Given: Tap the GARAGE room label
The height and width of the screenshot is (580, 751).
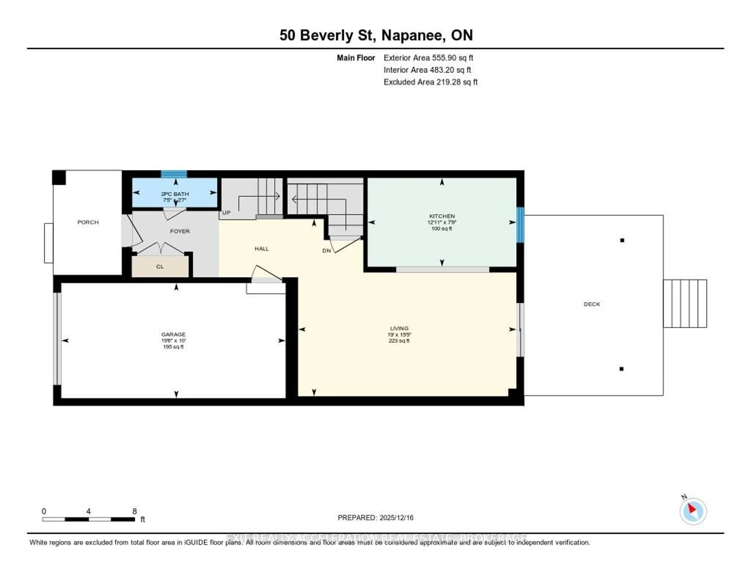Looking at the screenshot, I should pos(173,334).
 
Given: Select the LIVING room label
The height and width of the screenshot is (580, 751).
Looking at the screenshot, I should pos(399,328).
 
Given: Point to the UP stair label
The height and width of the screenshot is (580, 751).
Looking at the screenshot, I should pos(226,213).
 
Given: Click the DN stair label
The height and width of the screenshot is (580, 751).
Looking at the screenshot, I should pos(326,251).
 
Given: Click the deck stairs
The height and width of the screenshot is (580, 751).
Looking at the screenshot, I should pos(685,303).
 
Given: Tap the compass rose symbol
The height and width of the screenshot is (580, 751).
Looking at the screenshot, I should pos(693,511).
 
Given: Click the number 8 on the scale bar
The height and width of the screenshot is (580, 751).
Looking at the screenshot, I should pos(134,511).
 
